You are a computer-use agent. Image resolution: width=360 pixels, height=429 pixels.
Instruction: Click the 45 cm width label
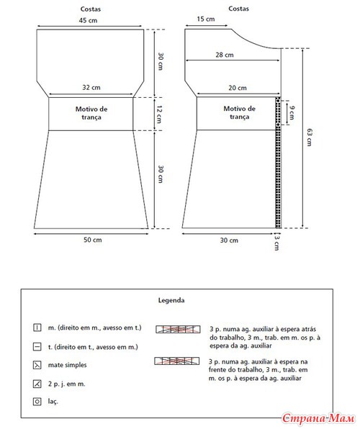[x=88, y=20]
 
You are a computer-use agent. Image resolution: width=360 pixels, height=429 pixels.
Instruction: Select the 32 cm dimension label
[x=91, y=88]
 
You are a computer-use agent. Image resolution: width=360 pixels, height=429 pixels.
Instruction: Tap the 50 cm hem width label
[x=93, y=240]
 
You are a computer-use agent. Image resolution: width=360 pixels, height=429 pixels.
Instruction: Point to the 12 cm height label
[x=160, y=114]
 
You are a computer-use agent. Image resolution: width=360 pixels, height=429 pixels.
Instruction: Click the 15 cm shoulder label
[x=206, y=19]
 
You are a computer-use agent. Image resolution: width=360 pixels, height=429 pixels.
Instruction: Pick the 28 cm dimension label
[x=225, y=55]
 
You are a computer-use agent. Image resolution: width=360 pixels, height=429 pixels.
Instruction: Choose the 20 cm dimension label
[x=238, y=88]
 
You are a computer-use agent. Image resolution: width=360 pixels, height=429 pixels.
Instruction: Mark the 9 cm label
[x=292, y=113]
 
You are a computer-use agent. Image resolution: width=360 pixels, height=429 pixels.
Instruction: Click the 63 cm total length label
[x=310, y=137]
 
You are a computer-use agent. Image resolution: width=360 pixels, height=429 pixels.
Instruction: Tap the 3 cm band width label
[x=276, y=242]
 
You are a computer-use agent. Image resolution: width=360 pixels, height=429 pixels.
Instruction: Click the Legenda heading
[x=171, y=300]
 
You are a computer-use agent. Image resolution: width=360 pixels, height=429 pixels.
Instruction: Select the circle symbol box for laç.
[x=37, y=402]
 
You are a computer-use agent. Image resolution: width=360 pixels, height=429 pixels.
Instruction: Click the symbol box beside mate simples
[x=37, y=365]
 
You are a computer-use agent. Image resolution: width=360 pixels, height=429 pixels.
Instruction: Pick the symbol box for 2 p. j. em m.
[x=37, y=384]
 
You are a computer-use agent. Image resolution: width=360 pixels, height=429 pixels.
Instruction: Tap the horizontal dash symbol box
[x=37, y=347]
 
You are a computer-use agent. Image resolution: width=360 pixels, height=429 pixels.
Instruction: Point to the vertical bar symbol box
[x=37, y=328]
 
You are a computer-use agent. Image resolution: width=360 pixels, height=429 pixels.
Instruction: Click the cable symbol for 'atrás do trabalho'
[x=178, y=329]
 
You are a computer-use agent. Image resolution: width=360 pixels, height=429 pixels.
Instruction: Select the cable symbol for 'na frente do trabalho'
[x=177, y=361]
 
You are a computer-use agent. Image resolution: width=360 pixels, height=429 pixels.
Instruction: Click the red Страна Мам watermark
[x=318, y=419]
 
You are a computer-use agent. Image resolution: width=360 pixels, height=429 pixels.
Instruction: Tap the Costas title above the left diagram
[x=91, y=9]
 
